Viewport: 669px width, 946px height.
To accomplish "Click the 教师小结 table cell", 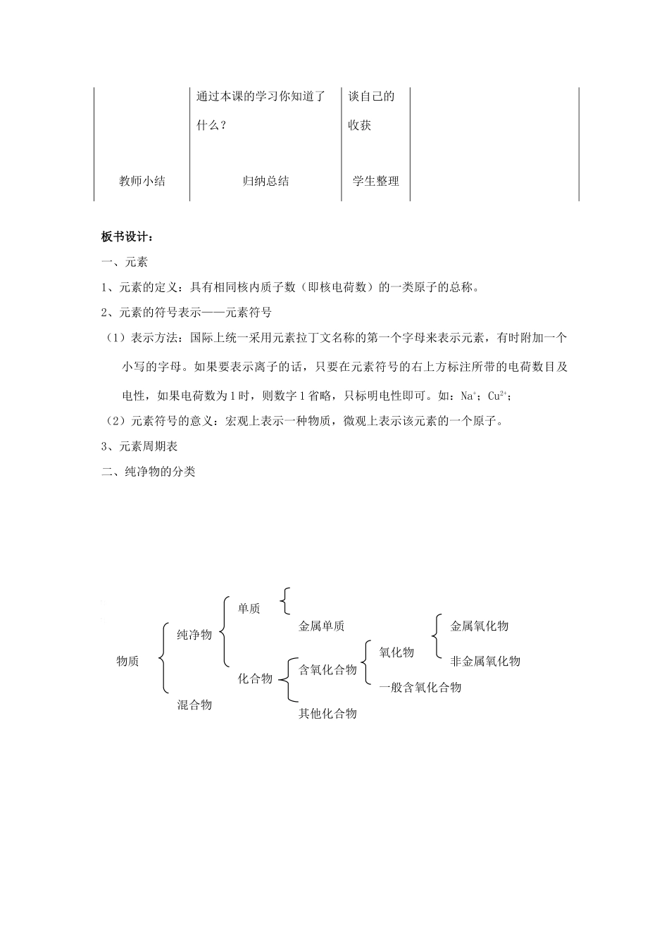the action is tap(142, 181).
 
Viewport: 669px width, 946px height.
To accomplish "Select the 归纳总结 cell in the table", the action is tap(265, 181).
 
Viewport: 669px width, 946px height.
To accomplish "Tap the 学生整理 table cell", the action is tap(375, 181).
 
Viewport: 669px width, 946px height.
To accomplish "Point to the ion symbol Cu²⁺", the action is tap(497, 396).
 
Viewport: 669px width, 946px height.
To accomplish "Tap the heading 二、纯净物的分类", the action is tap(149, 472).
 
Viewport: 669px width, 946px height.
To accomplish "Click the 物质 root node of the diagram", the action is tap(127, 661).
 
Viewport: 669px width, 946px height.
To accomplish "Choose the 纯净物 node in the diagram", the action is tap(194, 635).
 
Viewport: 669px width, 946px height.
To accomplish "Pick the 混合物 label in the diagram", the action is tap(194, 704).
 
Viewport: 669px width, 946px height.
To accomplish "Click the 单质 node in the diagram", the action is tap(249, 609).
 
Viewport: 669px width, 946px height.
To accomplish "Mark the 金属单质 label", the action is tap(321, 626).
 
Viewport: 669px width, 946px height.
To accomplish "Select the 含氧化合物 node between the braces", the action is tap(327, 669).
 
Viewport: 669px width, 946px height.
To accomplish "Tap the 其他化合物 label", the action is tap(327, 714).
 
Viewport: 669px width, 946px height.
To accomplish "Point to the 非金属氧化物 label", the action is tap(485, 661).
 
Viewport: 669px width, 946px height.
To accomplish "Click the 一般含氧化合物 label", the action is tap(420, 687).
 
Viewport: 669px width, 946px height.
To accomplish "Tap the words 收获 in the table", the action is tap(360, 125).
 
